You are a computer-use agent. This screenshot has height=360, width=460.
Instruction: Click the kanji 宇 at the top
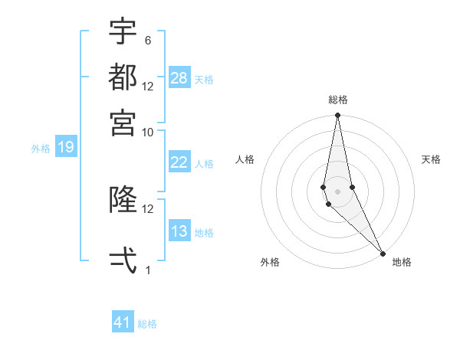[x=123, y=31]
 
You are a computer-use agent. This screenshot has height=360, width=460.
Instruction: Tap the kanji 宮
[x=123, y=122]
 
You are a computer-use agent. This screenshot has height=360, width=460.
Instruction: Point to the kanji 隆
[x=123, y=200]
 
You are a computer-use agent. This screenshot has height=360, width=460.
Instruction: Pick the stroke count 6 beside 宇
[x=147, y=40]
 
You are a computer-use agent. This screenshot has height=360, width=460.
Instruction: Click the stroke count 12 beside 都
[x=148, y=86]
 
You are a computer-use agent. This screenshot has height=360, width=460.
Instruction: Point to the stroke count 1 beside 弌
[x=147, y=270]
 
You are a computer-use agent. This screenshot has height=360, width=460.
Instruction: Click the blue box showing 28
[x=179, y=78]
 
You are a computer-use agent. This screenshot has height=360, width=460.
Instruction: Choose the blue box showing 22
[x=179, y=162]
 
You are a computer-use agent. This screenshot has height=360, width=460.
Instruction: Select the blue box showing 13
[x=179, y=231]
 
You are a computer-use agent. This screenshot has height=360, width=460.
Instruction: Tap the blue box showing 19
[x=65, y=147]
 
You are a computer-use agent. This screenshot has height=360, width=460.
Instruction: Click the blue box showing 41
[x=123, y=322]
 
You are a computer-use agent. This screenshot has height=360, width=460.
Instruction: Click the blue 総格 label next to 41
[x=148, y=324]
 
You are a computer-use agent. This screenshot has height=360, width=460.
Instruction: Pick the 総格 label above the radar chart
[x=338, y=100]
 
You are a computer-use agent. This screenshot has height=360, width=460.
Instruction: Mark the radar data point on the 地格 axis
[x=382, y=253]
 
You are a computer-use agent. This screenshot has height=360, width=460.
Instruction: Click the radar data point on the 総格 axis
[x=338, y=116]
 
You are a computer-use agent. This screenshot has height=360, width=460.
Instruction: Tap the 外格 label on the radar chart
[x=270, y=262]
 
